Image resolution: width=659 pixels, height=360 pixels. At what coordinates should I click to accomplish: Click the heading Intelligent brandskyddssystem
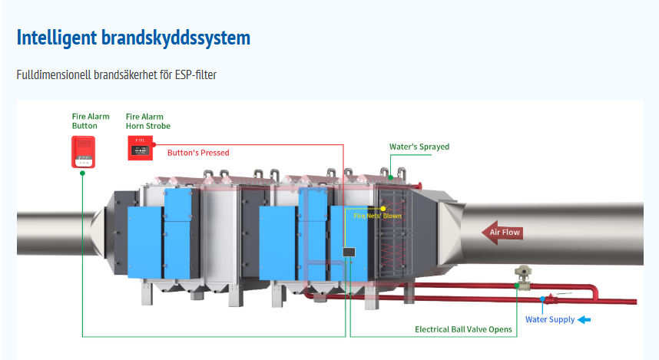(x=134, y=38)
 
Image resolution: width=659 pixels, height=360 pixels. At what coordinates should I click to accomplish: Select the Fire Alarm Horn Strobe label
(x=148, y=121)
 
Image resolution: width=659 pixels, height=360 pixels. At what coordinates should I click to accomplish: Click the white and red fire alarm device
(x=83, y=151)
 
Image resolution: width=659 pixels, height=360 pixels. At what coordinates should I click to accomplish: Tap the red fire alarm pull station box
(x=140, y=147)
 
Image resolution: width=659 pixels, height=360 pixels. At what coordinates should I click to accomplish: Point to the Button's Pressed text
(x=198, y=153)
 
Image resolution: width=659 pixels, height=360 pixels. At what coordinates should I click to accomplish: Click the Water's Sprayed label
(x=419, y=147)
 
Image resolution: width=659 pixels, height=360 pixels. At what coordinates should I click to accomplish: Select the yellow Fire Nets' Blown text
(x=377, y=216)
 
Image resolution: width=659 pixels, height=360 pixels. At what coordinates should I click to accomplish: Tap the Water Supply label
(x=550, y=319)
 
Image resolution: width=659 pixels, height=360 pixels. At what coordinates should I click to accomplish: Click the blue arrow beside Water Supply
(x=584, y=319)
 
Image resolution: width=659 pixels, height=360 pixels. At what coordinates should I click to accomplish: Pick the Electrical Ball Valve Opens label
(x=463, y=329)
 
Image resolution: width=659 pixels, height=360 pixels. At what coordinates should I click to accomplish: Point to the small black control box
(x=348, y=252)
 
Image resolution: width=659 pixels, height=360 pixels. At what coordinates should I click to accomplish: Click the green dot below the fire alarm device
(x=82, y=173)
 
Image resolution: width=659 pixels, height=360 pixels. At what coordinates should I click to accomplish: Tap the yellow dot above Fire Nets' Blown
(x=383, y=208)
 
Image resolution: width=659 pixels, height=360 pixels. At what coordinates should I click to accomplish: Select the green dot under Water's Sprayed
(x=390, y=177)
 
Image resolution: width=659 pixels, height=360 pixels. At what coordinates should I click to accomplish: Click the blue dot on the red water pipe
(x=542, y=298)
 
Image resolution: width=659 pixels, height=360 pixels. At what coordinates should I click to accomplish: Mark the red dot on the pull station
(x=154, y=144)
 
